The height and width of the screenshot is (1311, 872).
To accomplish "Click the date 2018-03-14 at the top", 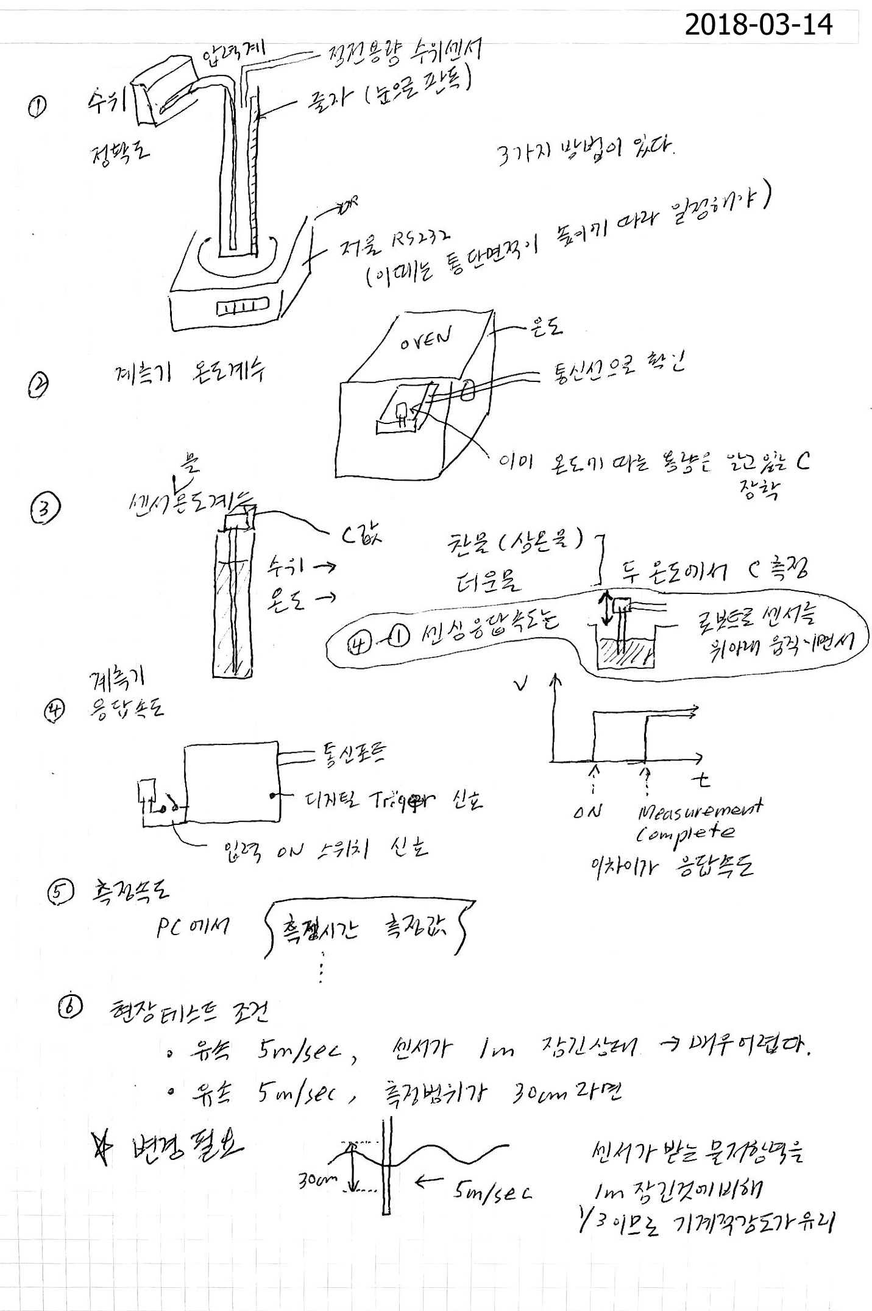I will click(758, 25).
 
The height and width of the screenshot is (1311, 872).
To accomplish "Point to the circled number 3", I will click(45, 509).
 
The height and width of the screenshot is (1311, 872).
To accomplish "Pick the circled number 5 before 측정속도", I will click(61, 893).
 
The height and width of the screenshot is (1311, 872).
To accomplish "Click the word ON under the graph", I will click(587, 811).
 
